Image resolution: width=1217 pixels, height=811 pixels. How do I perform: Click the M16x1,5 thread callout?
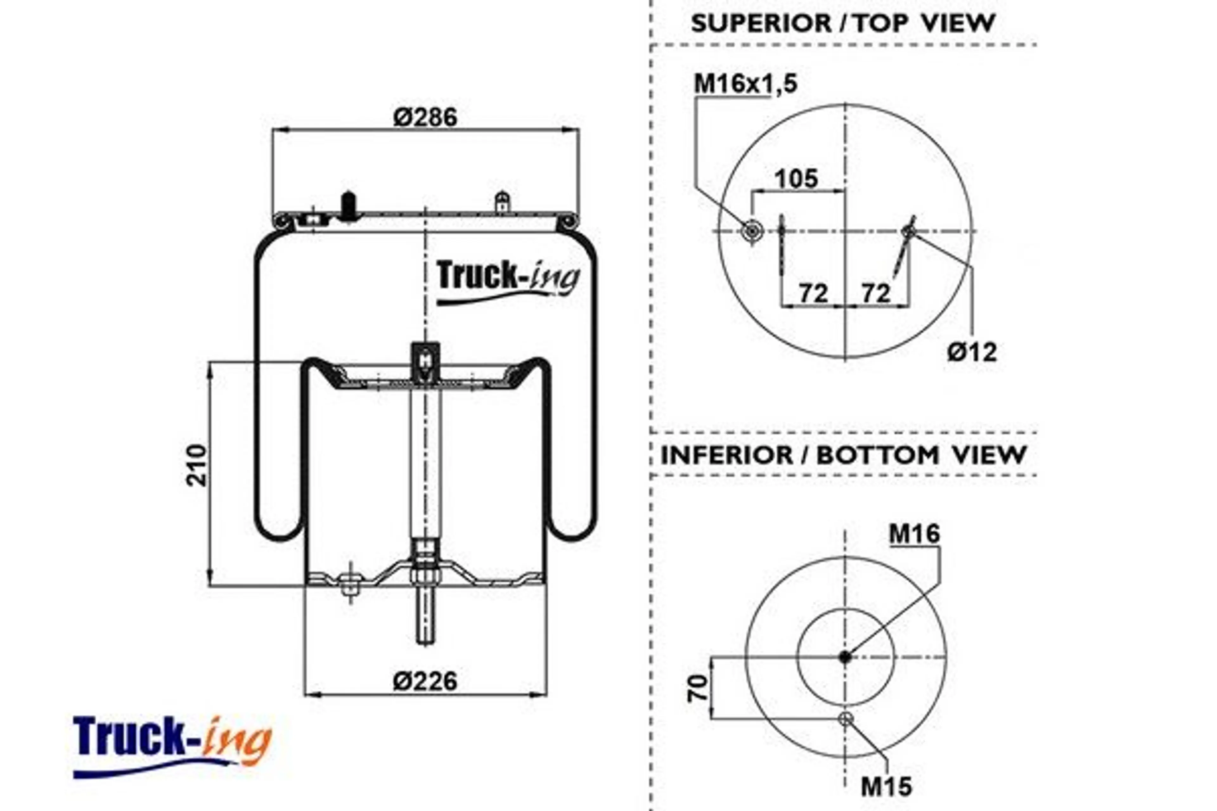(x=745, y=84)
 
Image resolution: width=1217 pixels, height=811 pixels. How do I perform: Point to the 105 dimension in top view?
(x=796, y=179)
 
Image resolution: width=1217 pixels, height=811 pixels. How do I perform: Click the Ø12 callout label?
(x=972, y=353)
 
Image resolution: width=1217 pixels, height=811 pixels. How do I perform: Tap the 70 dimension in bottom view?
(x=698, y=688)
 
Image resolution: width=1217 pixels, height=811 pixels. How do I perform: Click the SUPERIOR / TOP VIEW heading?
(x=843, y=23)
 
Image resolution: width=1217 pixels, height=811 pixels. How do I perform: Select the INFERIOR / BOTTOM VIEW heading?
(x=843, y=455)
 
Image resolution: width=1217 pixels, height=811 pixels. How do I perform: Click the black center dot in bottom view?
(x=845, y=657)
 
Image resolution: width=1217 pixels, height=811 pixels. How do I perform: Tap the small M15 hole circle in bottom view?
(x=846, y=718)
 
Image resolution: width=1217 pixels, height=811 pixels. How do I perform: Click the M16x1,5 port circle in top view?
(x=751, y=231)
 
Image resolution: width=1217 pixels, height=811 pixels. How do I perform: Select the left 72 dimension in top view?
(x=814, y=293)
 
